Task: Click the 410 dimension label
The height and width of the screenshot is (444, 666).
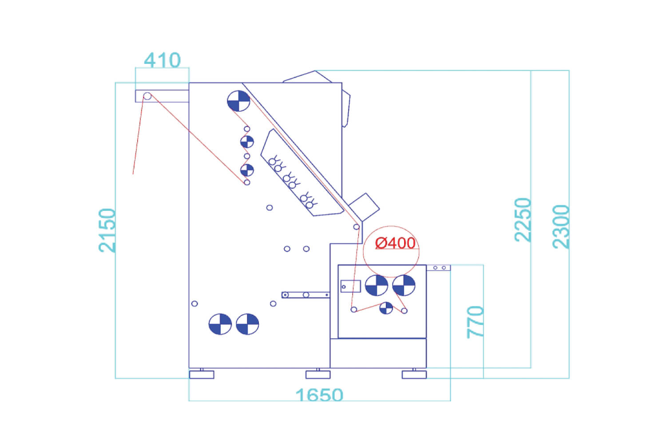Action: click(163, 60)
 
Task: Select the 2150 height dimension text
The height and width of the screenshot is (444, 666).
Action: click(107, 230)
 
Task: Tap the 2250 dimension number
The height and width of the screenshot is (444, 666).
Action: click(523, 220)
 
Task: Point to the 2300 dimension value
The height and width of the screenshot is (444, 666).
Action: click(561, 227)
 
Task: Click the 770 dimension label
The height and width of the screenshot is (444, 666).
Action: click(476, 322)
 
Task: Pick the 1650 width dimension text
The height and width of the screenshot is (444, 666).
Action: click(319, 395)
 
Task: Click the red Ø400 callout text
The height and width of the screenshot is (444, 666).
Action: click(396, 243)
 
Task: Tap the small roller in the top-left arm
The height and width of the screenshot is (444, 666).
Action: click(147, 96)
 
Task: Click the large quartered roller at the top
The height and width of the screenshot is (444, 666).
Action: click(238, 101)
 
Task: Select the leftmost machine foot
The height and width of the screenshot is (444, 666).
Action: click(202, 374)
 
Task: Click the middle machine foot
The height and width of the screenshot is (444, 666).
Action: click(318, 374)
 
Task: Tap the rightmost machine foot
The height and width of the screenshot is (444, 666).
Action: click(414, 374)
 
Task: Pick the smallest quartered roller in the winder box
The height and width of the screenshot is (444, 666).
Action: click(386, 308)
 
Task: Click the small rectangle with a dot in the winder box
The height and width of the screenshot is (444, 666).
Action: click(351, 286)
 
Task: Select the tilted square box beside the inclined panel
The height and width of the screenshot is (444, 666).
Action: click(364, 207)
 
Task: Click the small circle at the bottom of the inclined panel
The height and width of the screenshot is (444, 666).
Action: click(356, 227)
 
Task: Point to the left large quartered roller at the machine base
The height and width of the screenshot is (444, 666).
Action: click(220, 324)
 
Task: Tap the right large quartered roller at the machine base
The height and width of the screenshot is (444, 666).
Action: click(247, 324)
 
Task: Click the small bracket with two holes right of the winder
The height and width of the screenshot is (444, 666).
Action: click(439, 268)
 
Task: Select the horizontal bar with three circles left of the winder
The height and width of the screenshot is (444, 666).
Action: click(305, 295)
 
